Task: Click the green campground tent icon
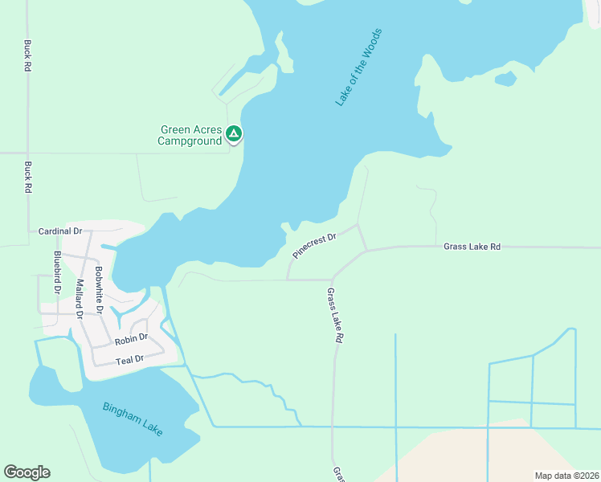(233, 133)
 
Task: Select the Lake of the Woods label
(358, 68)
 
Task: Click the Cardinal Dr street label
(60, 231)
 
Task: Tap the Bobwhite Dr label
(99, 288)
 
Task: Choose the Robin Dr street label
(131, 339)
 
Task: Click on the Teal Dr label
(129, 359)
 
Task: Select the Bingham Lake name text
(133, 419)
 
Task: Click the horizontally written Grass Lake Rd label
(472, 247)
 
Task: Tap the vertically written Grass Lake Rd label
(335, 316)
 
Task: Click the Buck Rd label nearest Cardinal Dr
(27, 177)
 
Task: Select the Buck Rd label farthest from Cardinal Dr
(27, 56)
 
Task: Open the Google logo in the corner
(27, 472)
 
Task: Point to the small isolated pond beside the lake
(505, 79)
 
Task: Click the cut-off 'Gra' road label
(337, 474)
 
